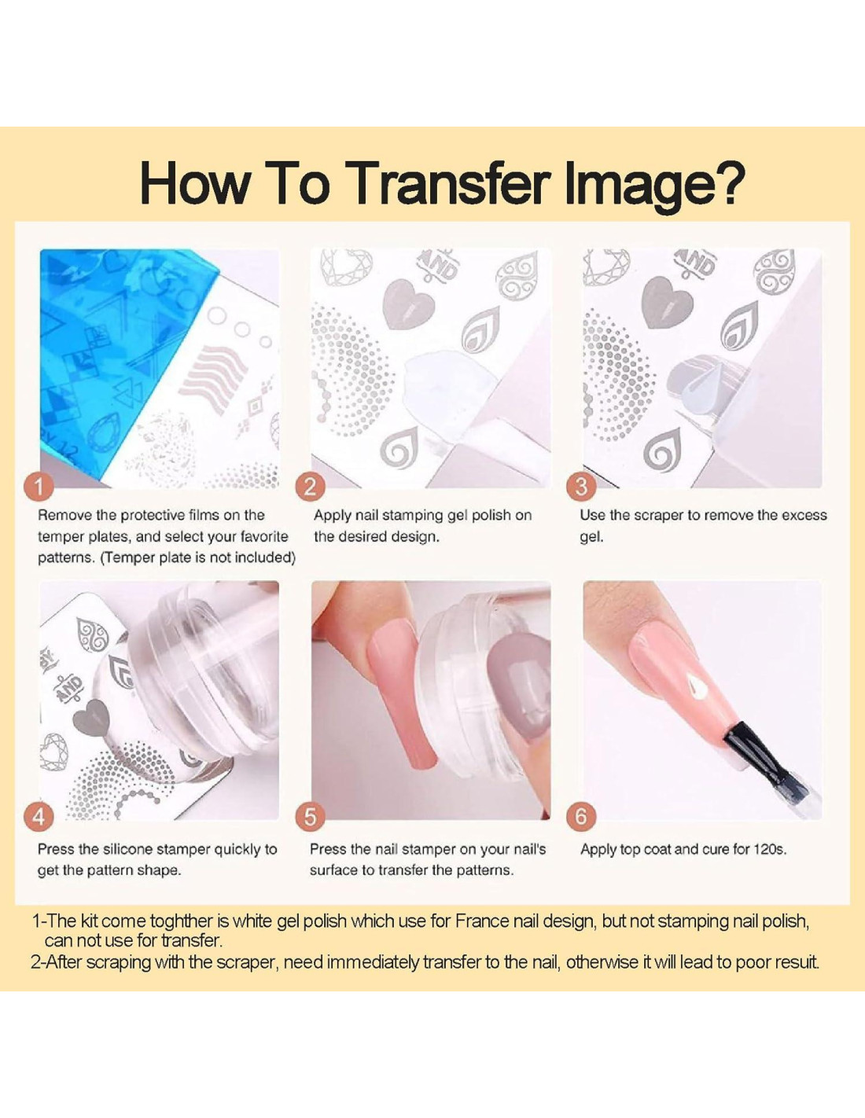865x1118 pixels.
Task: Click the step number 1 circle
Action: coord(39,486)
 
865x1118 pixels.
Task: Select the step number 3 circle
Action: coord(581,486)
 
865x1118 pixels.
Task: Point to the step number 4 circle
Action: coord(39,817)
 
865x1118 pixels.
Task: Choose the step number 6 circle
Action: coord(581,817)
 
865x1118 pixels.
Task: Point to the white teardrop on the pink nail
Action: coord(696,684)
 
